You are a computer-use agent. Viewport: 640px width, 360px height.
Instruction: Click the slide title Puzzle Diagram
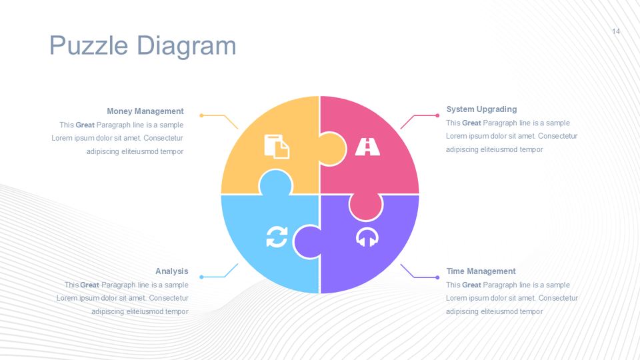pyautogui.click(x=143, y=46)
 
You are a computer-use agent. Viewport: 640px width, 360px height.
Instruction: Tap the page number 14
pyautogui.click(x=616, y=31)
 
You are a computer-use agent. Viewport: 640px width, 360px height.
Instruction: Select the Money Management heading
pyautogui.click(x=145, y=111)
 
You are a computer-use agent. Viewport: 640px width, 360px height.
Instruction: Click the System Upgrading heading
pyautogui.click(x=481, y=109)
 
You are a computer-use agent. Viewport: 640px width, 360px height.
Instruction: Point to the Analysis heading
pyautogui.click(x=172, y=271)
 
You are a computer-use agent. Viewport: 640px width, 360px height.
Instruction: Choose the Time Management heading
pyautogui.click(x=481, y=271)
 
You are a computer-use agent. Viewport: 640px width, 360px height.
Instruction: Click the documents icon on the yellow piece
pyautogui.click(x=277, y=146)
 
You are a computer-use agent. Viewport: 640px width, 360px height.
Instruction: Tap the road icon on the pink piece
pyautogui.click(x=367, y=147)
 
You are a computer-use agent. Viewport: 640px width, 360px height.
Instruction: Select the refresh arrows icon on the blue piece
pyautogui.click(x=277, y=237)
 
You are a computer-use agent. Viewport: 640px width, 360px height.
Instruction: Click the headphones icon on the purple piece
pyautogui.click(x=367, y=237)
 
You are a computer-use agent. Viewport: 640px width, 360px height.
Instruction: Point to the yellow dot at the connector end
pyautogui.click(x=201, y=115)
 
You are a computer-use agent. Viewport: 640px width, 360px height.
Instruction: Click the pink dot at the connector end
pyautogui.click(x=437, y=115)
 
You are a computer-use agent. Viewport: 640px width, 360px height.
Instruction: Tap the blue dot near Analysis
pyautogui.click(x=201, y=277)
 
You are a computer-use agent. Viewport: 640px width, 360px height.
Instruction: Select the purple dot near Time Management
pyautogui.click(x=437, y=277)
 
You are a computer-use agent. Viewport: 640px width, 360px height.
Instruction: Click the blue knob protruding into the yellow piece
pyautogui.click(x=276, y=183)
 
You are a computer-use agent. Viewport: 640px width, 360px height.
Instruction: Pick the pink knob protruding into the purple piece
pyautogui.click(x=366, y=207)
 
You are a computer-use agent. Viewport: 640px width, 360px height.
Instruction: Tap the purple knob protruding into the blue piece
pyautogui.click(x=308, y=242)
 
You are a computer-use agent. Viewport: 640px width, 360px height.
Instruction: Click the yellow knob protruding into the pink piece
pyautogui.click(x=332, y=149)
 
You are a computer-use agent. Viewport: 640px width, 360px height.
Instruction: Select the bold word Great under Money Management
pyautogui.click(x=85, y=125)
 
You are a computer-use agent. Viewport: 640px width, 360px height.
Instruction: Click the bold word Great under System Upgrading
pyautogui.click(x=471, y=123)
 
